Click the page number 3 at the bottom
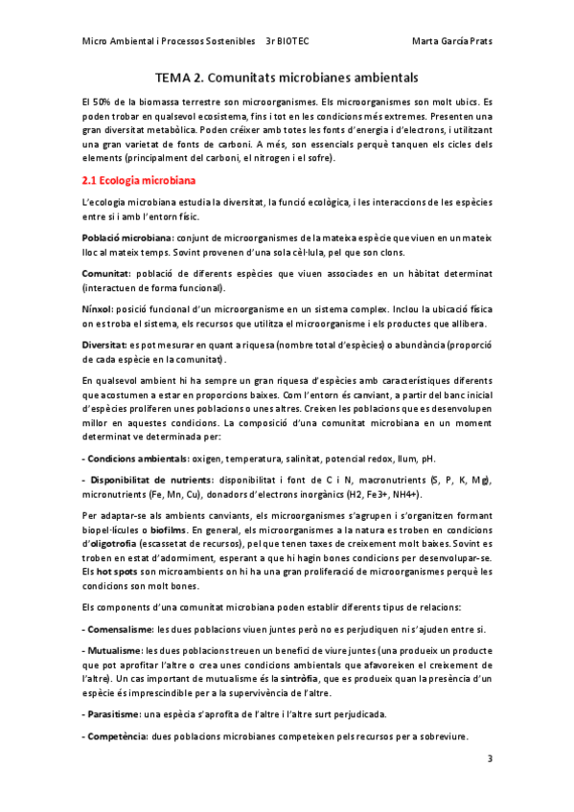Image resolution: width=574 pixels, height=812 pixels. tap(490, 759)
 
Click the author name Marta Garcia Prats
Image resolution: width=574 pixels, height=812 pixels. tap(451, 42)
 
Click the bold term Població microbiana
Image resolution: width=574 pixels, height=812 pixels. tap(127, 236)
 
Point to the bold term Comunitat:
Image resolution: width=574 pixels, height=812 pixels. tap(105, 273)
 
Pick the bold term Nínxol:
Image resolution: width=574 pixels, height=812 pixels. tap(99, 310)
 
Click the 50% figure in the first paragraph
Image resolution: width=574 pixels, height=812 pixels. tap(104, 100)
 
